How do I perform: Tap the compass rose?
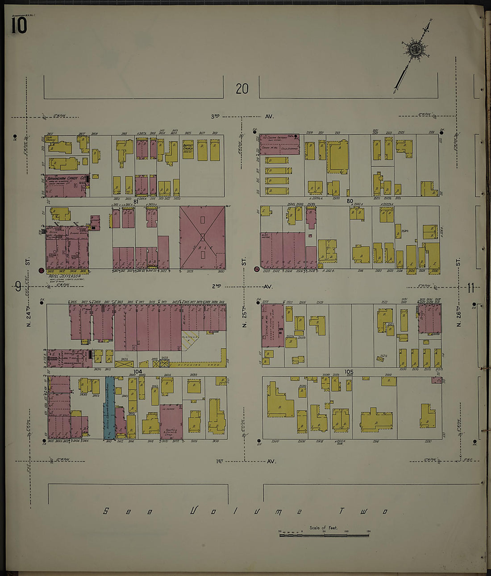pos(415,49)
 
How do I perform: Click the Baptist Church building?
pos(188,148)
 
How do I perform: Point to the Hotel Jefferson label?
pos(65,276)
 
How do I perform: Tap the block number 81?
pos(136,202)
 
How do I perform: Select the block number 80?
pos(350,201)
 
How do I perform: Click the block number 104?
pos(137,371)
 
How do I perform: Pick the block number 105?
pos(349,372)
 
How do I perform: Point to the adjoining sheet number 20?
pos(242,89)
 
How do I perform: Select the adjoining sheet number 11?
pos(470,288)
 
